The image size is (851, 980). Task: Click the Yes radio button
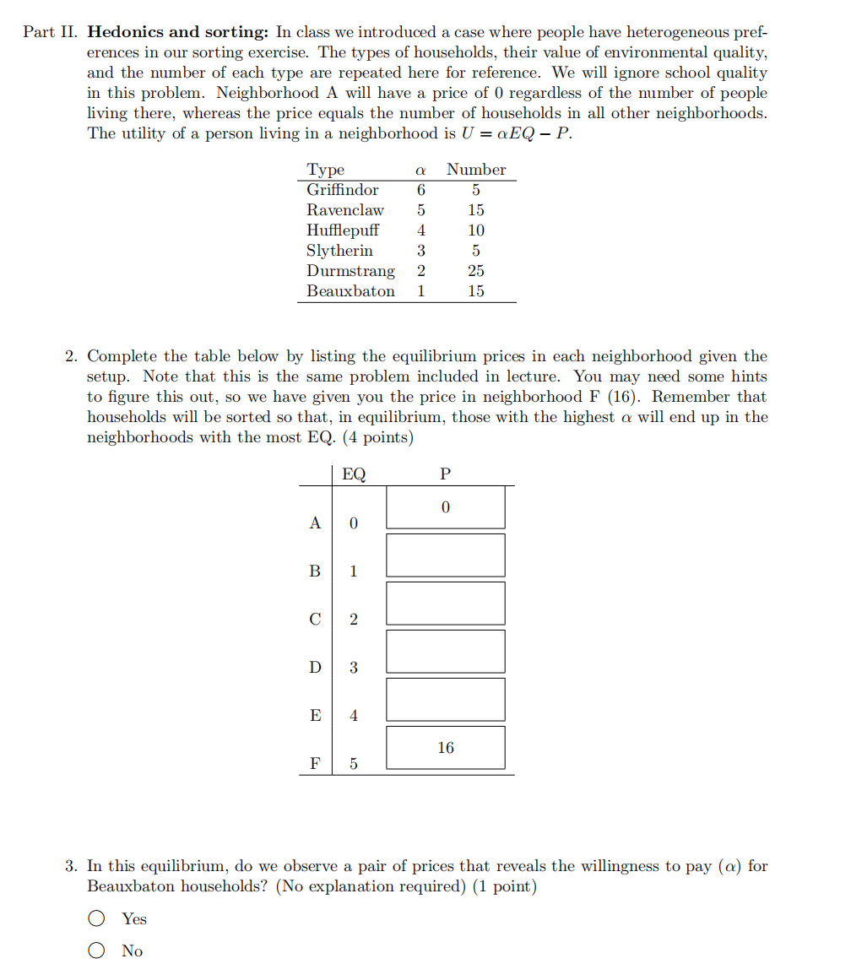click(x=98, y=918)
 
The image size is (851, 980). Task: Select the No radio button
click(x=98, y=950)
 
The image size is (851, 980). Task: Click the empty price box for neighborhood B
click(x=446, y=555)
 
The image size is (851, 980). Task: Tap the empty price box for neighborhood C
click(x=446, y=604)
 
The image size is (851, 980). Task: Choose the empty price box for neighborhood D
click(x=446, y=652)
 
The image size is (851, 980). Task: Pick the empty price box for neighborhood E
click(x=446, y=700)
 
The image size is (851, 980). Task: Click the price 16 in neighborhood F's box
click(x=446, y=748)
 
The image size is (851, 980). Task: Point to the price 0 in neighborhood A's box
click(x=446, y=507)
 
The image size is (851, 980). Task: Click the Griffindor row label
click(x=342, y=190)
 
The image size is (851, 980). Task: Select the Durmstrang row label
click(x=350, y=271)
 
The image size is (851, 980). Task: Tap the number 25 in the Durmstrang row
click(x=476, y=271)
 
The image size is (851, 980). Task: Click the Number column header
click(x=476, y=170)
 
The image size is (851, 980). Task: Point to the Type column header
click(x=325, y=170)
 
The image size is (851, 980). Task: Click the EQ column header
click(x=354, y=474)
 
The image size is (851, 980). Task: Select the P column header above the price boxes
click(x=446, y=474)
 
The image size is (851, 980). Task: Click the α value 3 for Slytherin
click(x=420, y=251)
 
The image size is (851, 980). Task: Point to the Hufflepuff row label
click(x=342, y=230)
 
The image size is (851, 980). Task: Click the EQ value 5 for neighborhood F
click(x=354, y=764)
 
